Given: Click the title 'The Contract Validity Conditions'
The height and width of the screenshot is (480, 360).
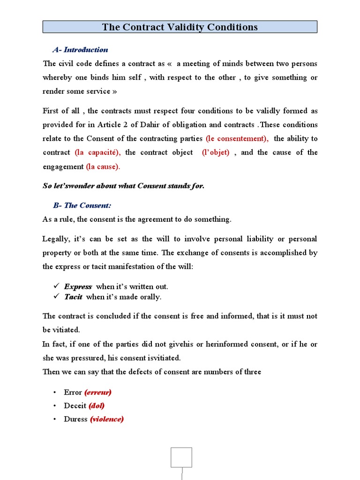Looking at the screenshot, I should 180,27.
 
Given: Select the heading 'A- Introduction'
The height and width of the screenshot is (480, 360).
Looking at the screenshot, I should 80,50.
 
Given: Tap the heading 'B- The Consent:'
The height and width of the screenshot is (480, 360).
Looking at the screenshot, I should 82,205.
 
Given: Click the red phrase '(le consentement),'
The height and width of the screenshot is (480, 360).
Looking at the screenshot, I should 237,139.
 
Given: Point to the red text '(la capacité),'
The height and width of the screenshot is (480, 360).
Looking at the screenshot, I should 97,152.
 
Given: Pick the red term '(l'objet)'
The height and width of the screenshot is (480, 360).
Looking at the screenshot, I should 216,152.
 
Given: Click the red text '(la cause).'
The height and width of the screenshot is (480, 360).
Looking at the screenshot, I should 103,166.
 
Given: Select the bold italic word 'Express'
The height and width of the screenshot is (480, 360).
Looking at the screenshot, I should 78,286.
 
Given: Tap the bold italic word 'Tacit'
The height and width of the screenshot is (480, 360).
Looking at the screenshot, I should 73,297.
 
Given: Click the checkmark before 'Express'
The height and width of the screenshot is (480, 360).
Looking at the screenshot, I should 56,286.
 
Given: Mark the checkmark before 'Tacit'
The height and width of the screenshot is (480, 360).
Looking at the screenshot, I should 56,296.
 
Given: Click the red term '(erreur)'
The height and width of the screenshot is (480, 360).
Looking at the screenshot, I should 97,392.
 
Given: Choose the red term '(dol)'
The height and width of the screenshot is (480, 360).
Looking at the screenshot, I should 97,406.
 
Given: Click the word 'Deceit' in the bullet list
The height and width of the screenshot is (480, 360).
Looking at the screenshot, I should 75,406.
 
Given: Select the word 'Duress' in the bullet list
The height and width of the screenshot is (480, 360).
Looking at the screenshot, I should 75,419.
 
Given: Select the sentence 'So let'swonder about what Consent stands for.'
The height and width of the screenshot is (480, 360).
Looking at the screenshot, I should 123,186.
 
